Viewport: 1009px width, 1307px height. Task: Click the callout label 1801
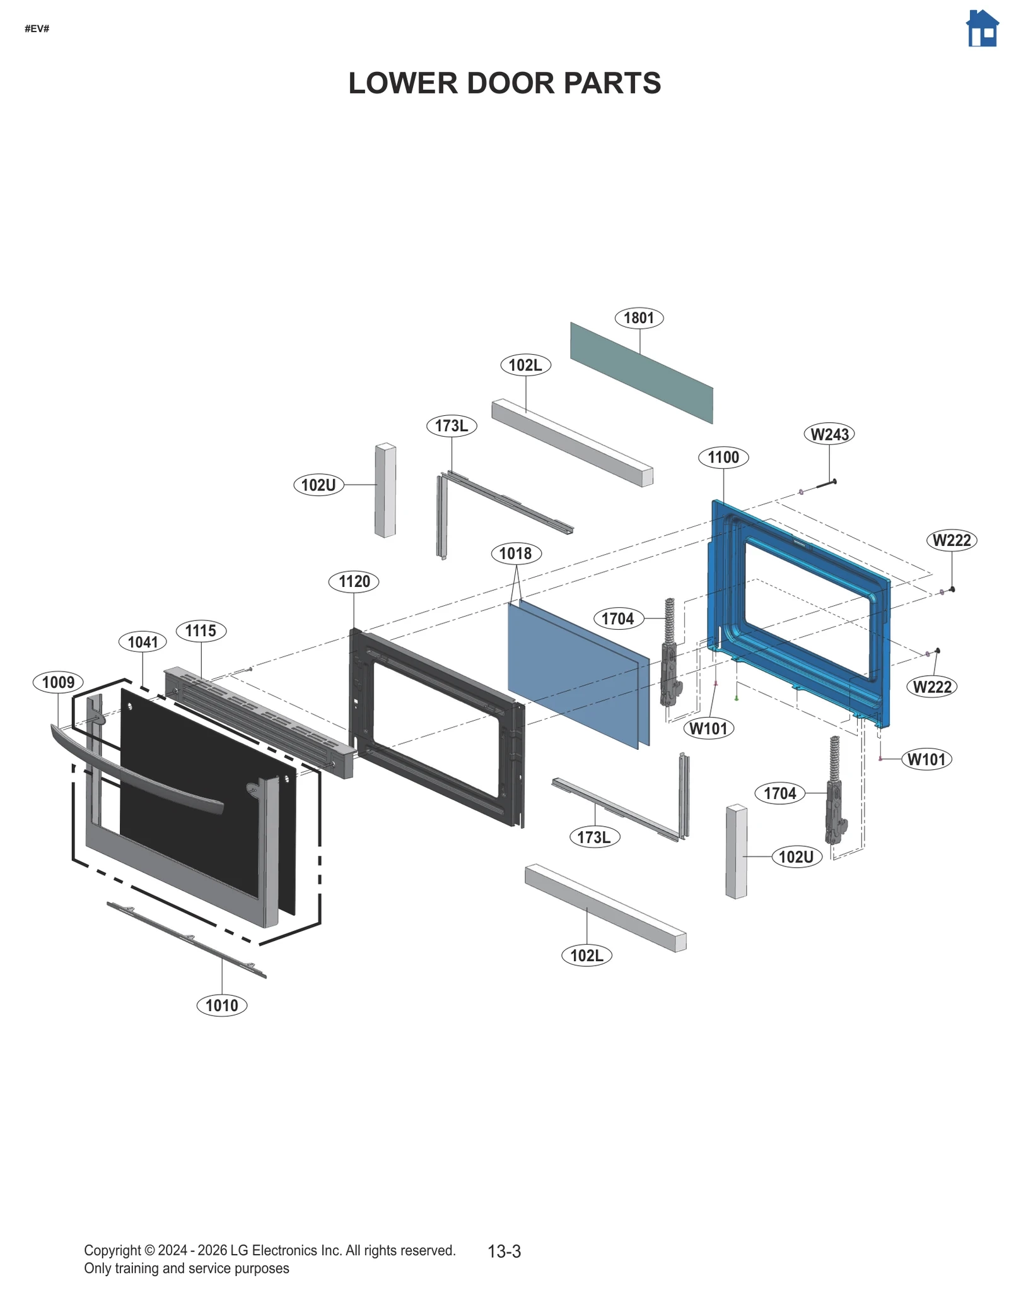coord(639,317)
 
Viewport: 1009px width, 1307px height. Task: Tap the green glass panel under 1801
coord(641,372)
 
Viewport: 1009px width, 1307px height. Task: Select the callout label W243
coord(829,434)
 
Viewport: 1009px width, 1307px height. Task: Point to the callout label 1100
coord(723,457)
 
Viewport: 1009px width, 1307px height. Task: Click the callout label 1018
coord(515,553)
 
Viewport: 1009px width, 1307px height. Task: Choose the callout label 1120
coord(354,581)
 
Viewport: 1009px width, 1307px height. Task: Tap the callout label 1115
coord(201,630)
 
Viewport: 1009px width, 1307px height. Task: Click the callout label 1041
coord(143,642)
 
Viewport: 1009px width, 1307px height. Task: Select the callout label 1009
coord(58,682)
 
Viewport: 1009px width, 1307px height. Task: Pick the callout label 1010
coord(221,1005)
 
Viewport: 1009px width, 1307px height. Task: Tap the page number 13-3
coord(504,1251)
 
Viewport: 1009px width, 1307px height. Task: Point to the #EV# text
coord(37,29)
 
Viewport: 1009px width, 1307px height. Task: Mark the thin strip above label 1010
coord(187,939)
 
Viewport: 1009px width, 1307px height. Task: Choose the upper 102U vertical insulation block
coord(385,490)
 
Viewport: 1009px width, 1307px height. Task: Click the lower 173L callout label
coord(594,837)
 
